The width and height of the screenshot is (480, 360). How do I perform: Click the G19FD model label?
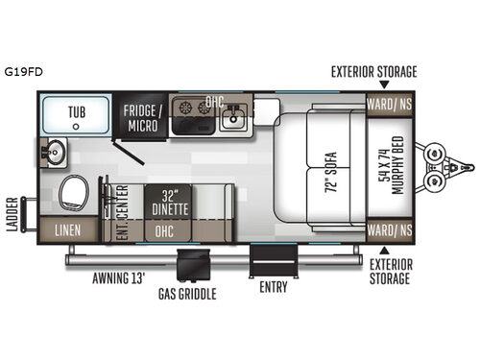point(23,72)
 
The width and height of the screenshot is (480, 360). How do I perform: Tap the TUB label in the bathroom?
point(77,112)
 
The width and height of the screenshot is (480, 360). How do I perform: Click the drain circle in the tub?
point(76,127)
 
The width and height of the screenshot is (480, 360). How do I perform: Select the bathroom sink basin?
point(55,153)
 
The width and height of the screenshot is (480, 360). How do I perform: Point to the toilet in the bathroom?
point(74,193)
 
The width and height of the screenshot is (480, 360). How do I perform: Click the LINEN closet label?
point(67,230)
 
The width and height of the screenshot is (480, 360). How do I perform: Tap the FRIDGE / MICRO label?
point(143,118)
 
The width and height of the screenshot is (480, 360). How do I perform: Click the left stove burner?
point(184,108)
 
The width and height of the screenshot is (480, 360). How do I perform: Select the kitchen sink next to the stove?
point(233,117)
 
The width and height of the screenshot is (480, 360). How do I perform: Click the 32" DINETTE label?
point(170,203)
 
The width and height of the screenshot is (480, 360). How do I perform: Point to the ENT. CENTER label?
point(122,212)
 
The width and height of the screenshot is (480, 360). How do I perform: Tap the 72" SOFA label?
point(331,172)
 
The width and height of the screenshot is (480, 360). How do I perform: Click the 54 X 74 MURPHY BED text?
point(391,165)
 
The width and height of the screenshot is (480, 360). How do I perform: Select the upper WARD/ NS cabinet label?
point(390,105)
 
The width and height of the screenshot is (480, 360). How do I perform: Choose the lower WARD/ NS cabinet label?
point(390,230)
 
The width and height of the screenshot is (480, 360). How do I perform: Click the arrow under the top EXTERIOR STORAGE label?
point(384,84)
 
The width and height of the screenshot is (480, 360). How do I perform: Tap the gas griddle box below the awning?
point(194,265)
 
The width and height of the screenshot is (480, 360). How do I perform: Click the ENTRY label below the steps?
point(274,287)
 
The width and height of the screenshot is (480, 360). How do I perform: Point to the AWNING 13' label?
point(119,278)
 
